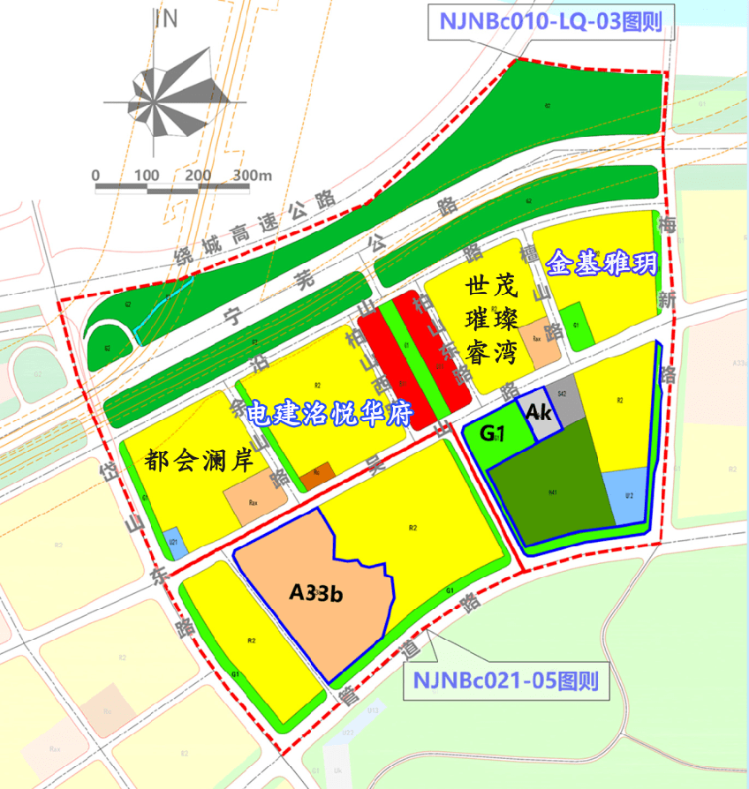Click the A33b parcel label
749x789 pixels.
315,593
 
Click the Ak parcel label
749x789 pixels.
540,413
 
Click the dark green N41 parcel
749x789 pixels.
552,490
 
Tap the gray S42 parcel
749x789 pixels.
563,402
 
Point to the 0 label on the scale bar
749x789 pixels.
95,175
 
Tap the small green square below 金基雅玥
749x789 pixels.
575,324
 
